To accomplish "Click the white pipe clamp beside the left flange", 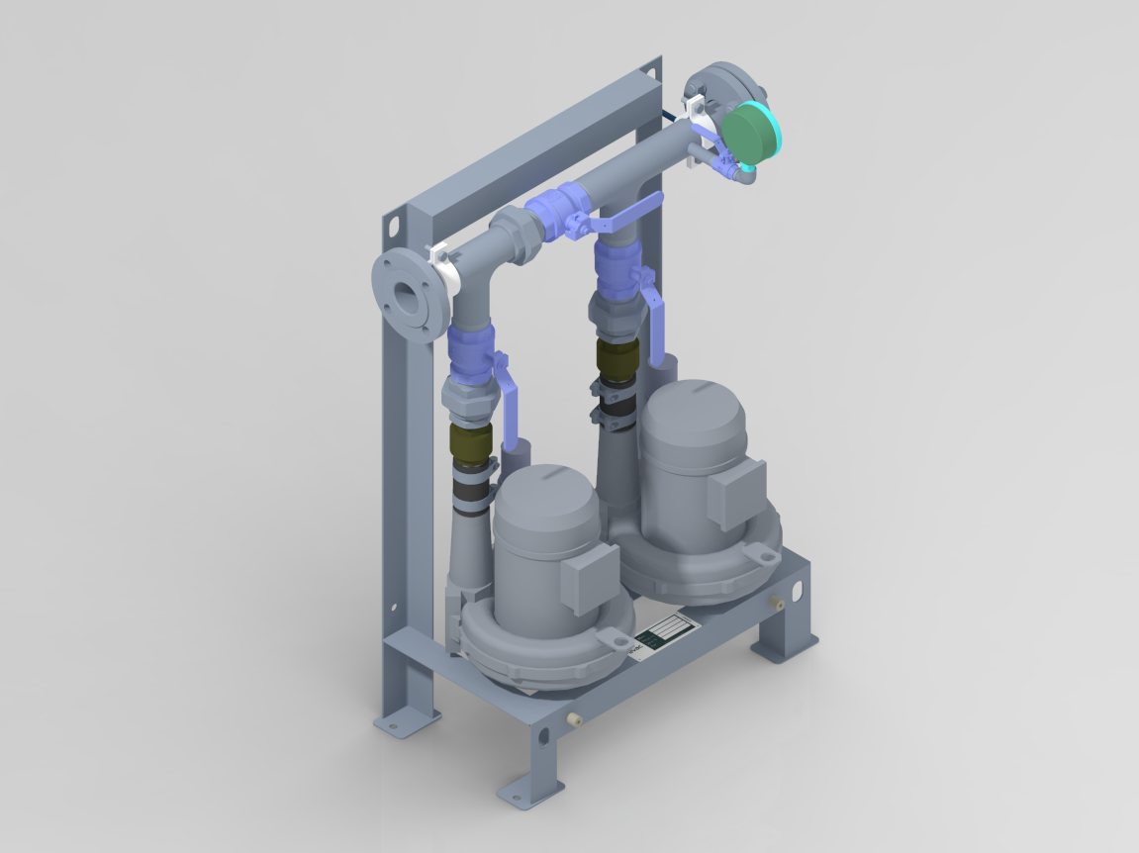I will click(x=444, y=267).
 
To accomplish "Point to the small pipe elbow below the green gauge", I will click(x=741, y=176).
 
